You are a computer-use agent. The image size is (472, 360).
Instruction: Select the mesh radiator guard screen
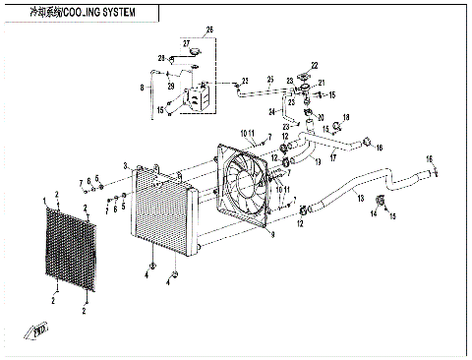[70, 250]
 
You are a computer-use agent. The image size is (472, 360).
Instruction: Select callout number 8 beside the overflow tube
[142, 88]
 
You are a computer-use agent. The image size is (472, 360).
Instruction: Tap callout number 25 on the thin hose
[244, 80]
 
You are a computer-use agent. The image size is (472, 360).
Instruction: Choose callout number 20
[319, 117]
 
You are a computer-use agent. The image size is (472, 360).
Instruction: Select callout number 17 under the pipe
[332, 157]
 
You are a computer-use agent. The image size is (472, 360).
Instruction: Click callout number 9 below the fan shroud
[272, 236]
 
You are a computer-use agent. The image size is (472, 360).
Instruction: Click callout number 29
[169, 85]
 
